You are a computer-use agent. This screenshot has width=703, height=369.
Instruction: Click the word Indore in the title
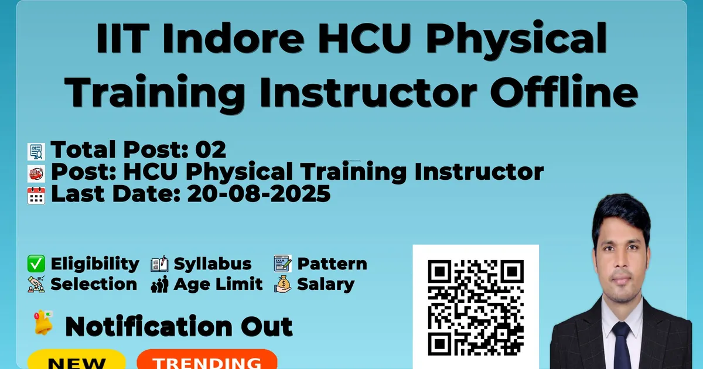(233, 39)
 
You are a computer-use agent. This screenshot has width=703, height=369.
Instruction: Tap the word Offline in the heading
(564, 91)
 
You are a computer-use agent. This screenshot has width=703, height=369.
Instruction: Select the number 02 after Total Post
(210, 149)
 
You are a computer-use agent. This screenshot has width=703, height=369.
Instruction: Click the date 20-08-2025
(259, 194)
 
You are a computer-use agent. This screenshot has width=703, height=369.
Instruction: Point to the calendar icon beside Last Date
(36, 196)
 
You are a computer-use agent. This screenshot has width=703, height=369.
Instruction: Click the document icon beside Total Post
(36, 152)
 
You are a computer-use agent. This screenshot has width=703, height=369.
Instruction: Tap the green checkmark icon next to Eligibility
(36, 264)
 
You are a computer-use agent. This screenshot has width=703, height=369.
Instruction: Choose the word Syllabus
(213, 264)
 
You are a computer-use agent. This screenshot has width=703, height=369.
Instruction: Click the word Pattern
(332, 264)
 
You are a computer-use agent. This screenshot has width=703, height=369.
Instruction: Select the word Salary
(326, 285)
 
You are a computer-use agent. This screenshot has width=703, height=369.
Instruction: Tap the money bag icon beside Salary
(283, 284)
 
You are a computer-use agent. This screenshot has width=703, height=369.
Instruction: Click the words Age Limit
(218, 284)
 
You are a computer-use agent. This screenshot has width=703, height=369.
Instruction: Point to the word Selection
(94, 284)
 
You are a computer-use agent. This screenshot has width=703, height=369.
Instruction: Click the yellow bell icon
(43, 323)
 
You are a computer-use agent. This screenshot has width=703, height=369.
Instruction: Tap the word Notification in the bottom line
(149, 327)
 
